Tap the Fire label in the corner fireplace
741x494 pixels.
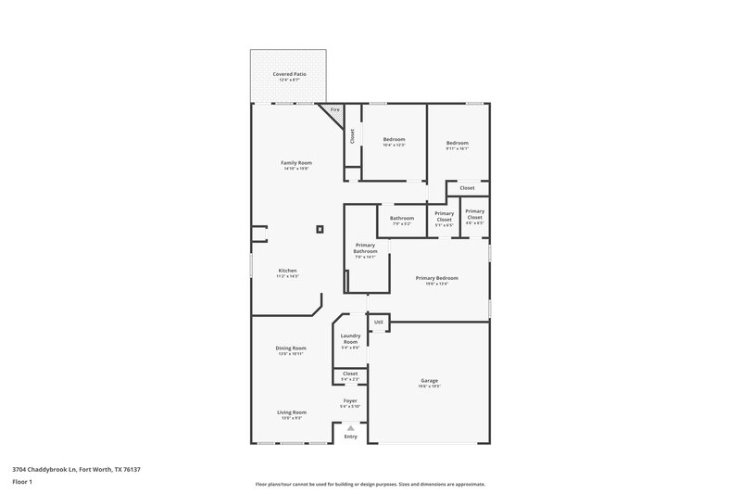(335, 110)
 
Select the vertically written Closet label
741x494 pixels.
(352, 135)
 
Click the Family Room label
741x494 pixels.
(296, 163)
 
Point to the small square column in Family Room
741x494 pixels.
(320, 229)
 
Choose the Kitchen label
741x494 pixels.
(288, 271)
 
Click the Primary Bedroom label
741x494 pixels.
(437, 278)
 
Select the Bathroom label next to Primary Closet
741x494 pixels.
(402, 219)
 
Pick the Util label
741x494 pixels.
(378, 322)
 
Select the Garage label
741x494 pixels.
(429, 380)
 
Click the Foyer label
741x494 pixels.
(350, 401)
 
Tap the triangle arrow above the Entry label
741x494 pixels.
(350, 428)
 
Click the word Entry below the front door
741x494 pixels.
(350, 437)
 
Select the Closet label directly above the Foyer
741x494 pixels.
(350, 374)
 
